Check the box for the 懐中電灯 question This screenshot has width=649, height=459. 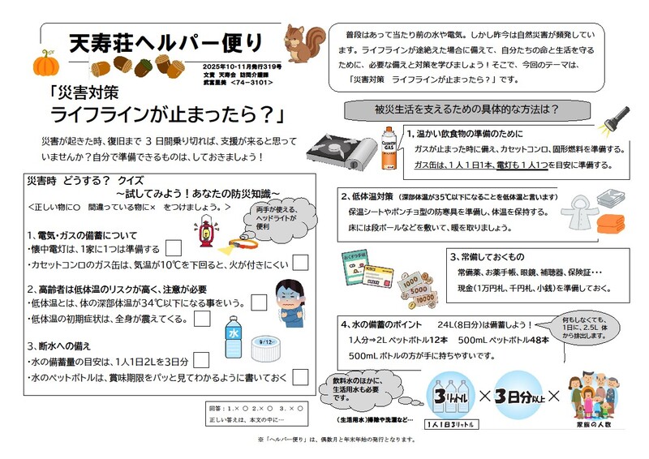173,249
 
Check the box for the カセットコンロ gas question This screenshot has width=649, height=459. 300,262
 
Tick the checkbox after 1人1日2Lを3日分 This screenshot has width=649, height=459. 202,360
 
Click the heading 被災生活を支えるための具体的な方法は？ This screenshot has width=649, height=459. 466,109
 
